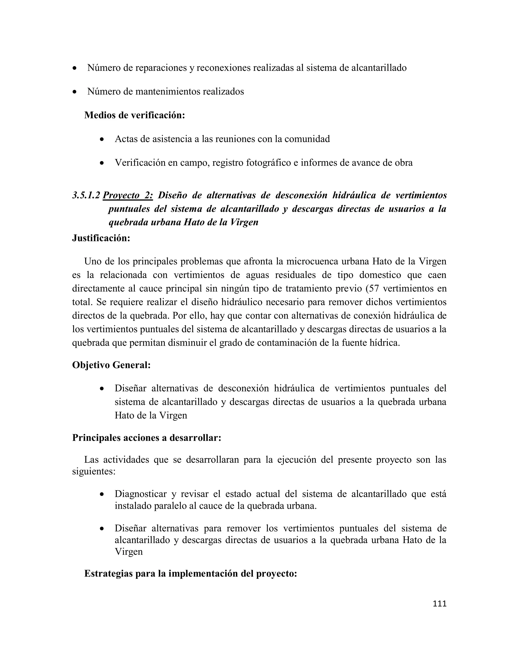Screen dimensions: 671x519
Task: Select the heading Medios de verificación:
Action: (135, 115)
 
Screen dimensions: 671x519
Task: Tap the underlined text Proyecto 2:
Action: (128, 195)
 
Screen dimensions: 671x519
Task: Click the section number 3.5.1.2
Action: (86, 195)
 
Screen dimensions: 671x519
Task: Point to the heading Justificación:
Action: (101, 238)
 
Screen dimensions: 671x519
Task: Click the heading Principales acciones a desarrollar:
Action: (147, 438)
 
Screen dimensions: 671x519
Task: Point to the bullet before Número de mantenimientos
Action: (75, 92)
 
